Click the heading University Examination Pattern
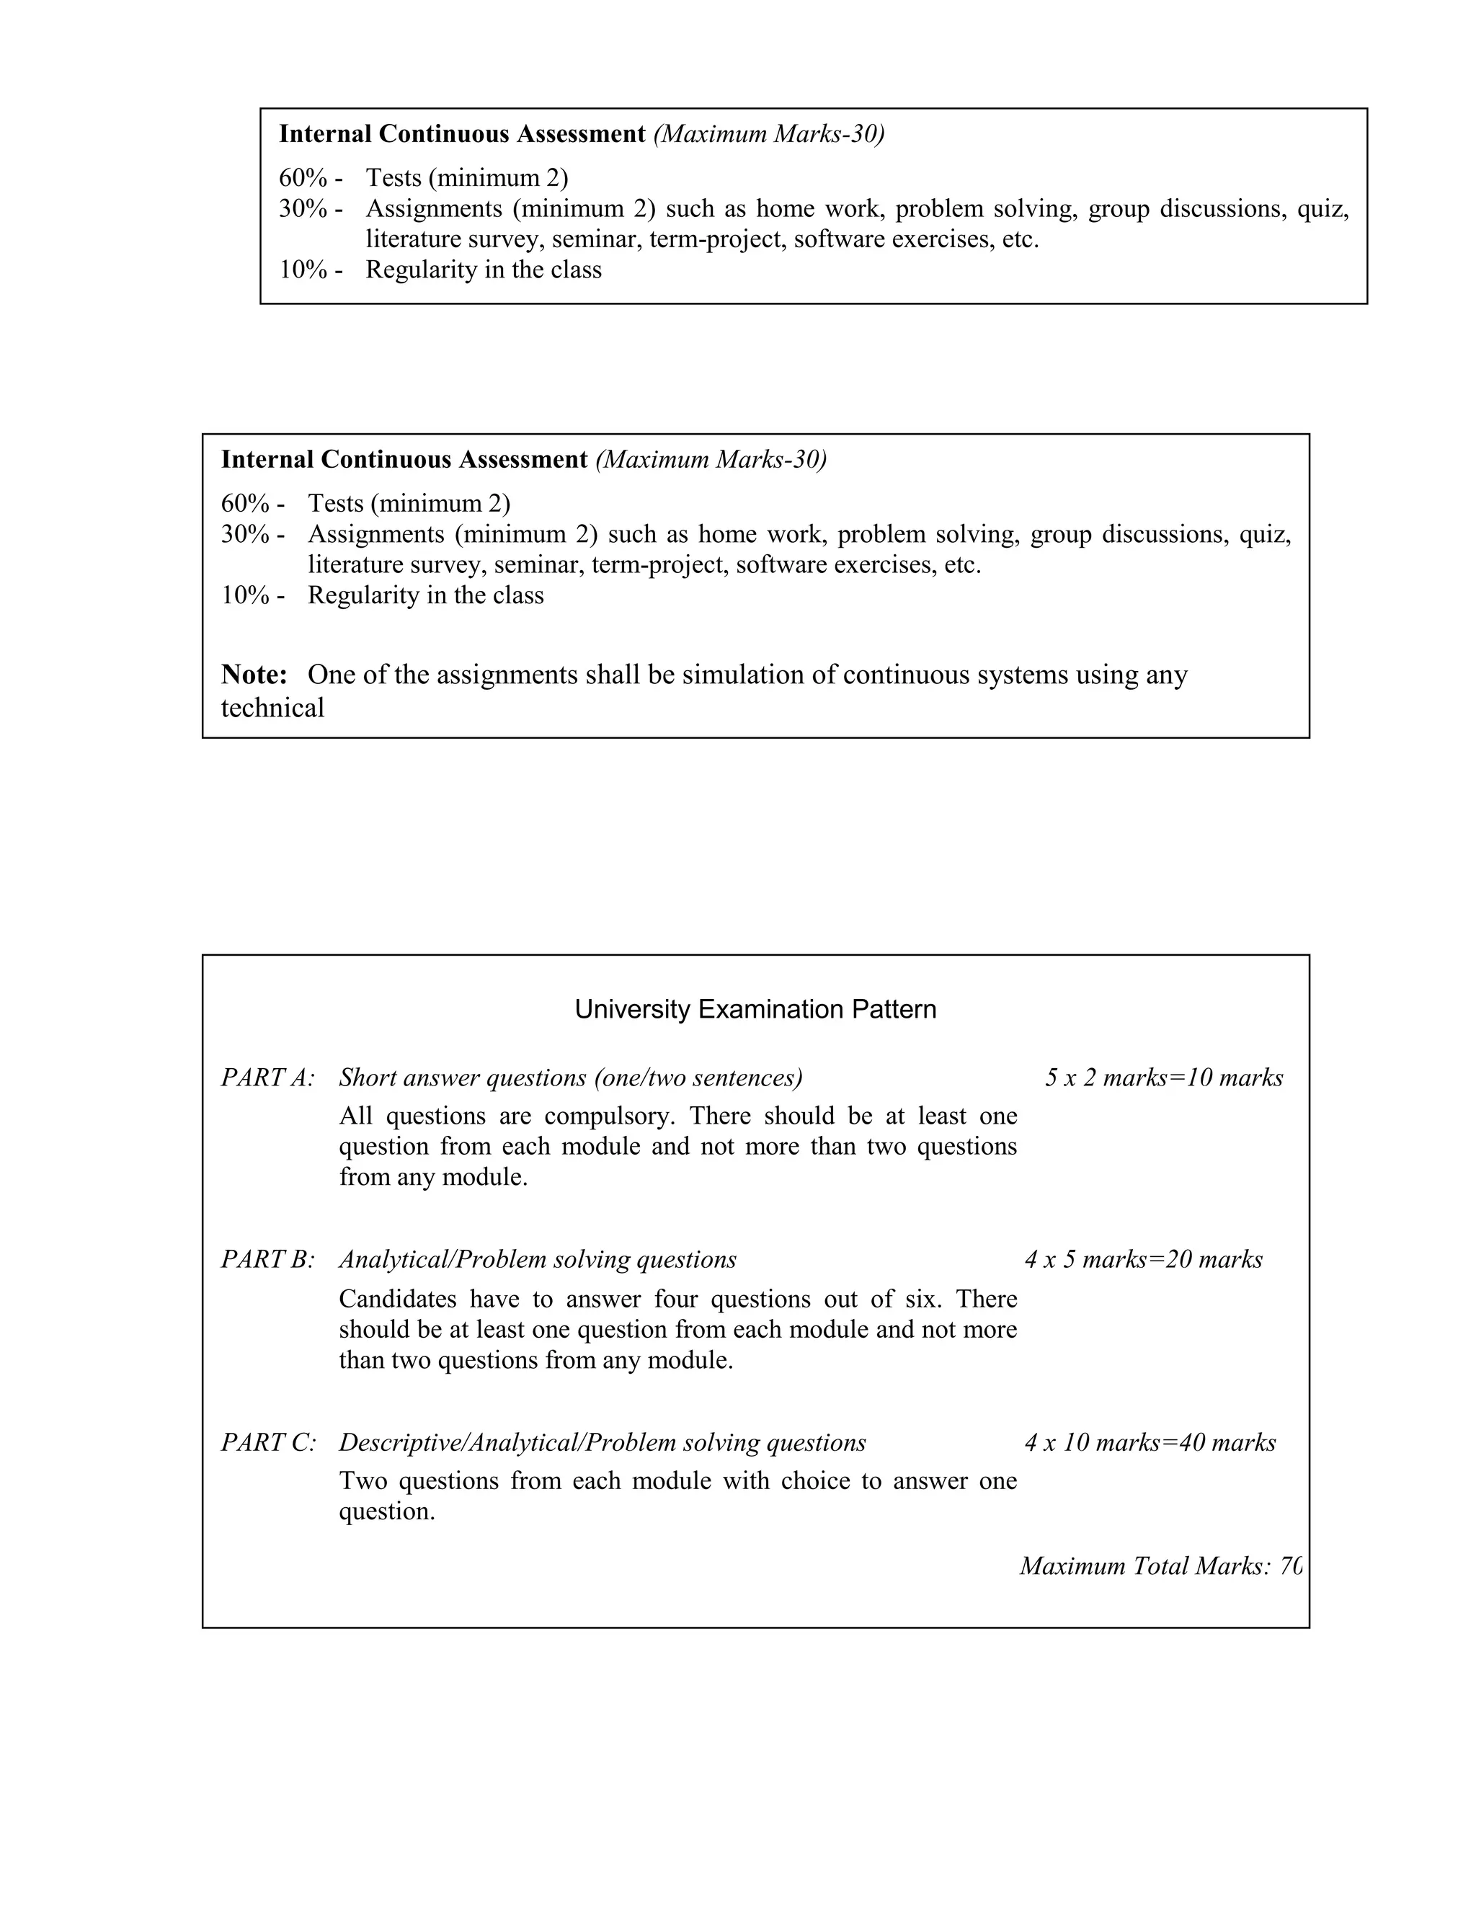755,1009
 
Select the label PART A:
267,1078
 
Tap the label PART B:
267,1259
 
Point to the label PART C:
268,1442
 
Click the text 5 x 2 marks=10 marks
1163,1078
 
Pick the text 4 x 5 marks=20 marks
1143,1259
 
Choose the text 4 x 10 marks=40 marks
1150,1442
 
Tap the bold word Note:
254,675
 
